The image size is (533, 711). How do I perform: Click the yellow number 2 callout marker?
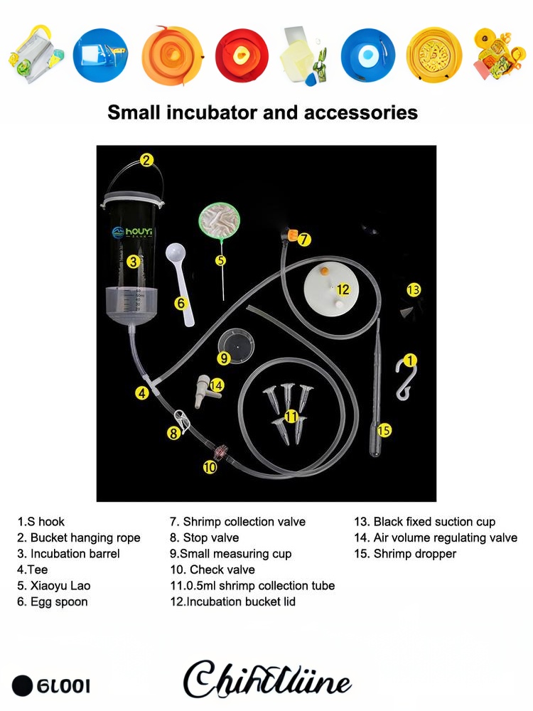tap(146, 160)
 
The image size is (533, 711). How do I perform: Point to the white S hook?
tap(404, 378)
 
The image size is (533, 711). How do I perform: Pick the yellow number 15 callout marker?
tap(384, 430)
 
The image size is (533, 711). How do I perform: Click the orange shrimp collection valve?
tap(292, 235)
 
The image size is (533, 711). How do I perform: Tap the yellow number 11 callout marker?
tap(291, 416)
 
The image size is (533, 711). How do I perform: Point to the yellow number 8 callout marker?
tap(173, 432)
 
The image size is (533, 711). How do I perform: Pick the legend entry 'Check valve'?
tap(212, 570)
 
